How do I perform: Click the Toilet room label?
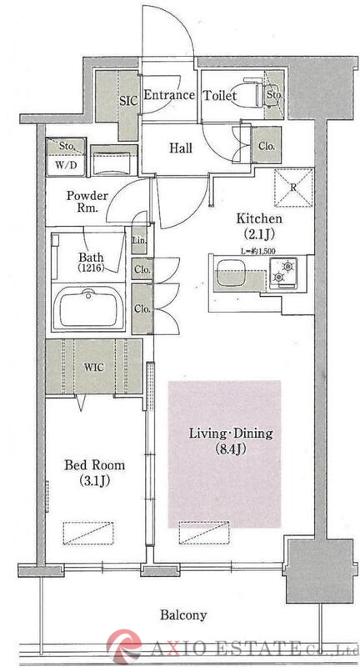point(219,95)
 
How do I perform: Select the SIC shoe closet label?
point(128,101)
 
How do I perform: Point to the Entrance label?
point(169,95)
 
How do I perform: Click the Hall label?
point(181,148)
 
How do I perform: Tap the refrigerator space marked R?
point(293,188)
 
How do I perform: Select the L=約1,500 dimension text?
point(258,251)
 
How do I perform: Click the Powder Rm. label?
point(87,202)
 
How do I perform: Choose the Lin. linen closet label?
point(139,240)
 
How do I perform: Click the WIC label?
point(94,368)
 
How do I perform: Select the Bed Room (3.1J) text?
point(94,472)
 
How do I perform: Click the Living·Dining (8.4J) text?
point(231,441)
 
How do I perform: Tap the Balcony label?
point(183,614)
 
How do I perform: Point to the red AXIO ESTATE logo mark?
point(123,647)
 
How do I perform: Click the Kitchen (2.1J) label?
point(259,225)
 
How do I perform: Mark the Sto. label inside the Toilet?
point(274,95)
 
